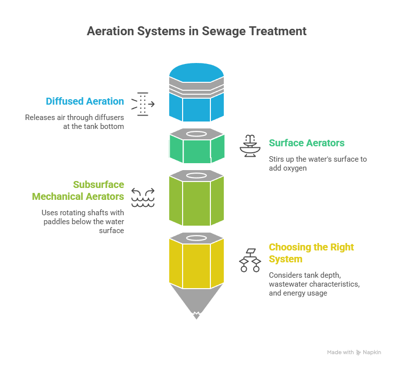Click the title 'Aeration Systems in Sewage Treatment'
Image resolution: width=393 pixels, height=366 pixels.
click(196, 31)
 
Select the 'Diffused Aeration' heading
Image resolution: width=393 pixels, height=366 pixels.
click(85, 101)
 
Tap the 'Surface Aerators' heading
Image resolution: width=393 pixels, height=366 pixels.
click(307, 143)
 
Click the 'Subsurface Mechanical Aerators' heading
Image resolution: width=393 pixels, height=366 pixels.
click(78, 190)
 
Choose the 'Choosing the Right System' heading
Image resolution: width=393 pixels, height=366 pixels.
click(311, 253)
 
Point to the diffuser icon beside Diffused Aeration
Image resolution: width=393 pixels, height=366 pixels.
click(143, 104)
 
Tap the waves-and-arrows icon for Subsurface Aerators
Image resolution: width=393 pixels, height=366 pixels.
click(143, 197)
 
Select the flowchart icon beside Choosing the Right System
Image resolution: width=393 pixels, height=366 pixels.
click(250, 259)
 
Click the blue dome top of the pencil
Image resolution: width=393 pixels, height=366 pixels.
click(196, 73)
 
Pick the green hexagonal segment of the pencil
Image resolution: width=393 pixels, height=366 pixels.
click(196, 152)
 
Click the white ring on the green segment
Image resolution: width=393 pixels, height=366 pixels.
click(196, 134)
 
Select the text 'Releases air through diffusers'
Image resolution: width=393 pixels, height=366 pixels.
click(75, 118)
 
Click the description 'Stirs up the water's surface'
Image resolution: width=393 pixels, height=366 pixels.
click(317, 159)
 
